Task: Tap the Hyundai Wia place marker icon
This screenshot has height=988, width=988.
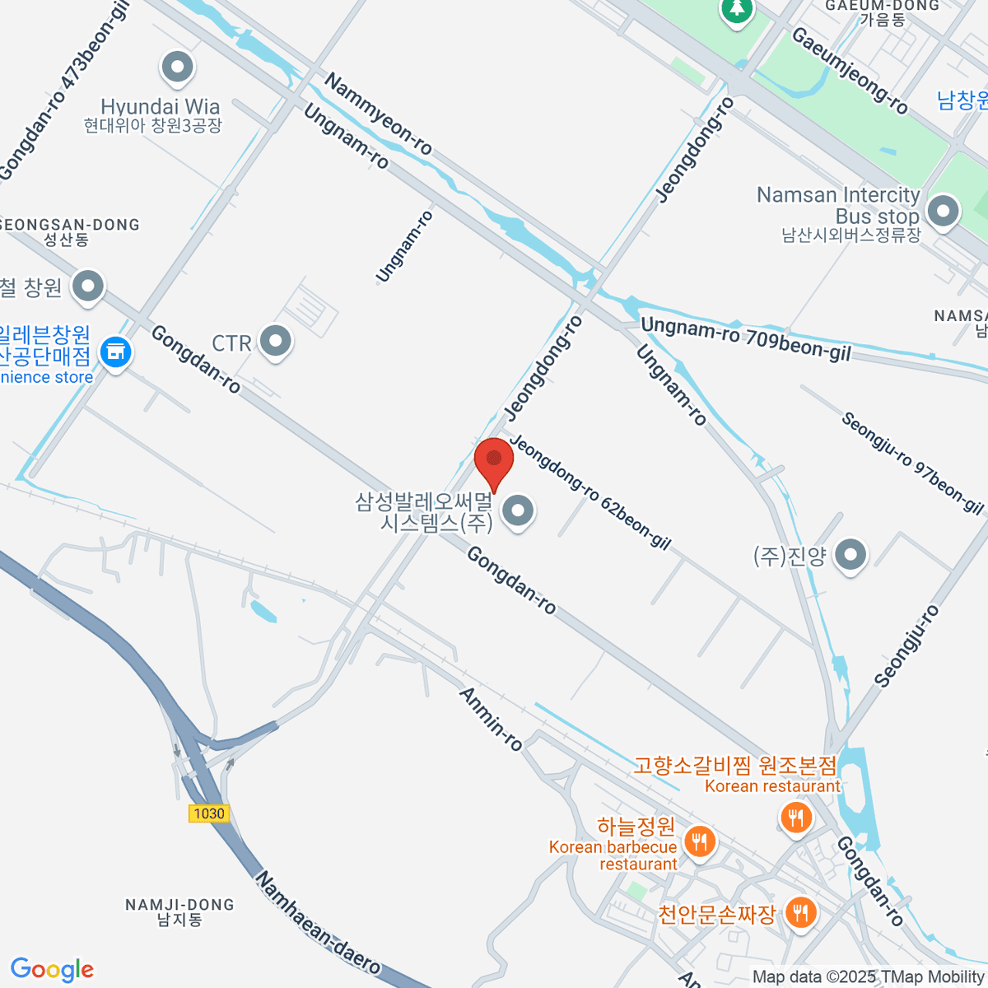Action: tap(177, 69)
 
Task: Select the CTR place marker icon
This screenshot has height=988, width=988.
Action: tap(275, 341)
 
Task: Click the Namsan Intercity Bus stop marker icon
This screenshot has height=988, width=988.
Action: tap(943, 212)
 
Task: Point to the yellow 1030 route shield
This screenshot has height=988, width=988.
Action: tap(208, 813)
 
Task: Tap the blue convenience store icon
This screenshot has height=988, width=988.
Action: tap(115, 353)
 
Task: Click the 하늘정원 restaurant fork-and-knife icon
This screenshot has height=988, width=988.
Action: tap(699, 841)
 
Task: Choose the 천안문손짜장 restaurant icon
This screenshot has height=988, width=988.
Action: tap(799, 912)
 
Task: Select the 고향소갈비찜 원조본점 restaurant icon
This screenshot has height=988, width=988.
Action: tap(795, 818)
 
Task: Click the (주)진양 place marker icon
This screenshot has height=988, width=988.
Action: tap(851, 555)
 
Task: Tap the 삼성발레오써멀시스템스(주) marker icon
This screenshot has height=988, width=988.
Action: tap(518, 511)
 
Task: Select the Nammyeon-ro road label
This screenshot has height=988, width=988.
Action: tap(378, 114)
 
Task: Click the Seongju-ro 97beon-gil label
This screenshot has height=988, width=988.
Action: tap(912, 463)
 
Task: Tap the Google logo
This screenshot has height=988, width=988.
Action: tap(52, 970)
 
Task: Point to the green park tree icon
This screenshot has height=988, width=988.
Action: tap(736, 10)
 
